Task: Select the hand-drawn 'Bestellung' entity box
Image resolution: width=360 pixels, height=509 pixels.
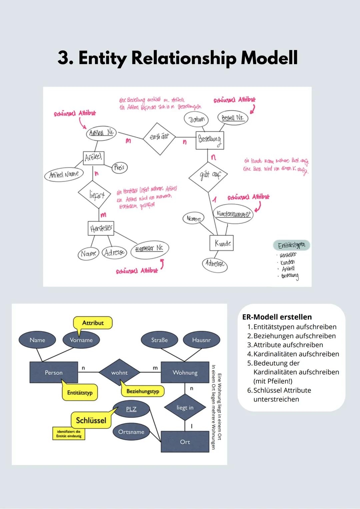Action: (209, 140)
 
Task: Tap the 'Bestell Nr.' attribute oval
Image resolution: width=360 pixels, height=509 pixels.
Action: (233, 118)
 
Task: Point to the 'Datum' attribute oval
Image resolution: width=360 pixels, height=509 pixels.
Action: (196, 120)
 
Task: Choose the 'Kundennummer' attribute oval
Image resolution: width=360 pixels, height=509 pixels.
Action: (233, 214)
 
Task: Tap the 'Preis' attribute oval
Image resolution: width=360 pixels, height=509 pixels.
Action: (119, 167)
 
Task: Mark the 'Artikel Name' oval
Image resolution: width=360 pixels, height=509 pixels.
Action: (64, 175)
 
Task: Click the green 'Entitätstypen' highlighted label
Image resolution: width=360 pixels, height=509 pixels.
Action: (291, 246)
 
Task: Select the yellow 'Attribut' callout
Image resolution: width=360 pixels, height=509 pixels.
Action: (93, 323)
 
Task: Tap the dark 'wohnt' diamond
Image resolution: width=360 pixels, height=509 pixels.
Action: (119, 373)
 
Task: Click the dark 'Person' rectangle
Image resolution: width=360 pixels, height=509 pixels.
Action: (54, 373)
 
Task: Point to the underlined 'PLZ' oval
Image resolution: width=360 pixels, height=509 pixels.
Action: (131, 409)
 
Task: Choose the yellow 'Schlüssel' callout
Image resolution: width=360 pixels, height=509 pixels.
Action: (91, 420)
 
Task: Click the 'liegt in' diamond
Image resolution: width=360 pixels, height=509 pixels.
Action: (185, 408)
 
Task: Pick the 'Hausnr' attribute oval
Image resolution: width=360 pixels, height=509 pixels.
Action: (201, 340)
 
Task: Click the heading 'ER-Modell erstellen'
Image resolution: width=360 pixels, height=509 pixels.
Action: (277, 317)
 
